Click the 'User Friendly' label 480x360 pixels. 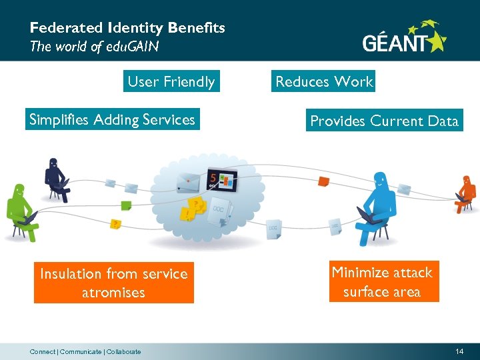coord(171,82)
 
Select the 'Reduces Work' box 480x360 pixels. coord(324,81)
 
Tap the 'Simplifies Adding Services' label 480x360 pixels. coord(112,120)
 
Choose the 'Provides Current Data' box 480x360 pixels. coord(384,121)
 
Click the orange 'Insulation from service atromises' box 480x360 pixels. coord(114,283)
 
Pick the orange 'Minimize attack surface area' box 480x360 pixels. coord(384,281)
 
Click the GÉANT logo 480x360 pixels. coord(404,39)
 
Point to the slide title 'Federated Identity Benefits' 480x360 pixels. coord(127,28)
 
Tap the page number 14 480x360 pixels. coord(459,351)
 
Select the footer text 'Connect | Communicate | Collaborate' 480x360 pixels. coord(85,351)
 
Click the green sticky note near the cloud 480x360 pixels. coord(125,205)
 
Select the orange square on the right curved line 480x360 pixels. coord(323,181)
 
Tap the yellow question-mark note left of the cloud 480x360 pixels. coord(116,224)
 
